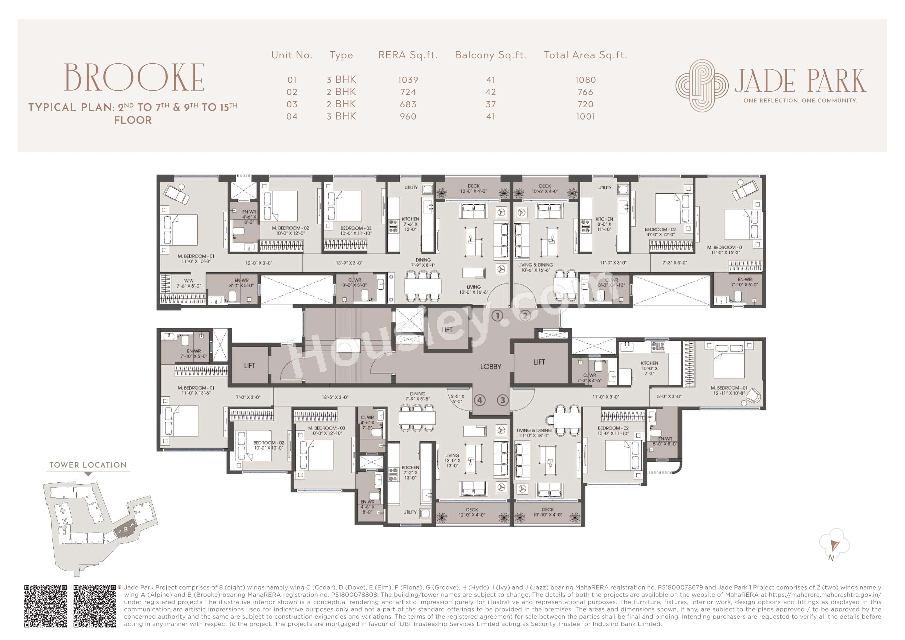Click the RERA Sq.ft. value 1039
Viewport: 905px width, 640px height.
coord(408,80)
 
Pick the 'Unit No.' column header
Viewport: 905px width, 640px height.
coord(292,55)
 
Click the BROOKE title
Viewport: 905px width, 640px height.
coord(134,78)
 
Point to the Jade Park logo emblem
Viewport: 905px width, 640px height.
coord(702,85)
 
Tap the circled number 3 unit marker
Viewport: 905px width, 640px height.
coord(503,400)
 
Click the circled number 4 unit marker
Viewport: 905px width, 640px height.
coord(479,400)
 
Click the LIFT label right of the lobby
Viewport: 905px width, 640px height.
coord(539,362)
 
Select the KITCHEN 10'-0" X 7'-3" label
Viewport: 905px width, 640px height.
coord(649,368)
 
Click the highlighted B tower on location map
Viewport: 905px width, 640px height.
coord(126,529)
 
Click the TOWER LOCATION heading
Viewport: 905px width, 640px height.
coord(88,465)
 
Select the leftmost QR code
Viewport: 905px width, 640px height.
coord(46,606)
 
